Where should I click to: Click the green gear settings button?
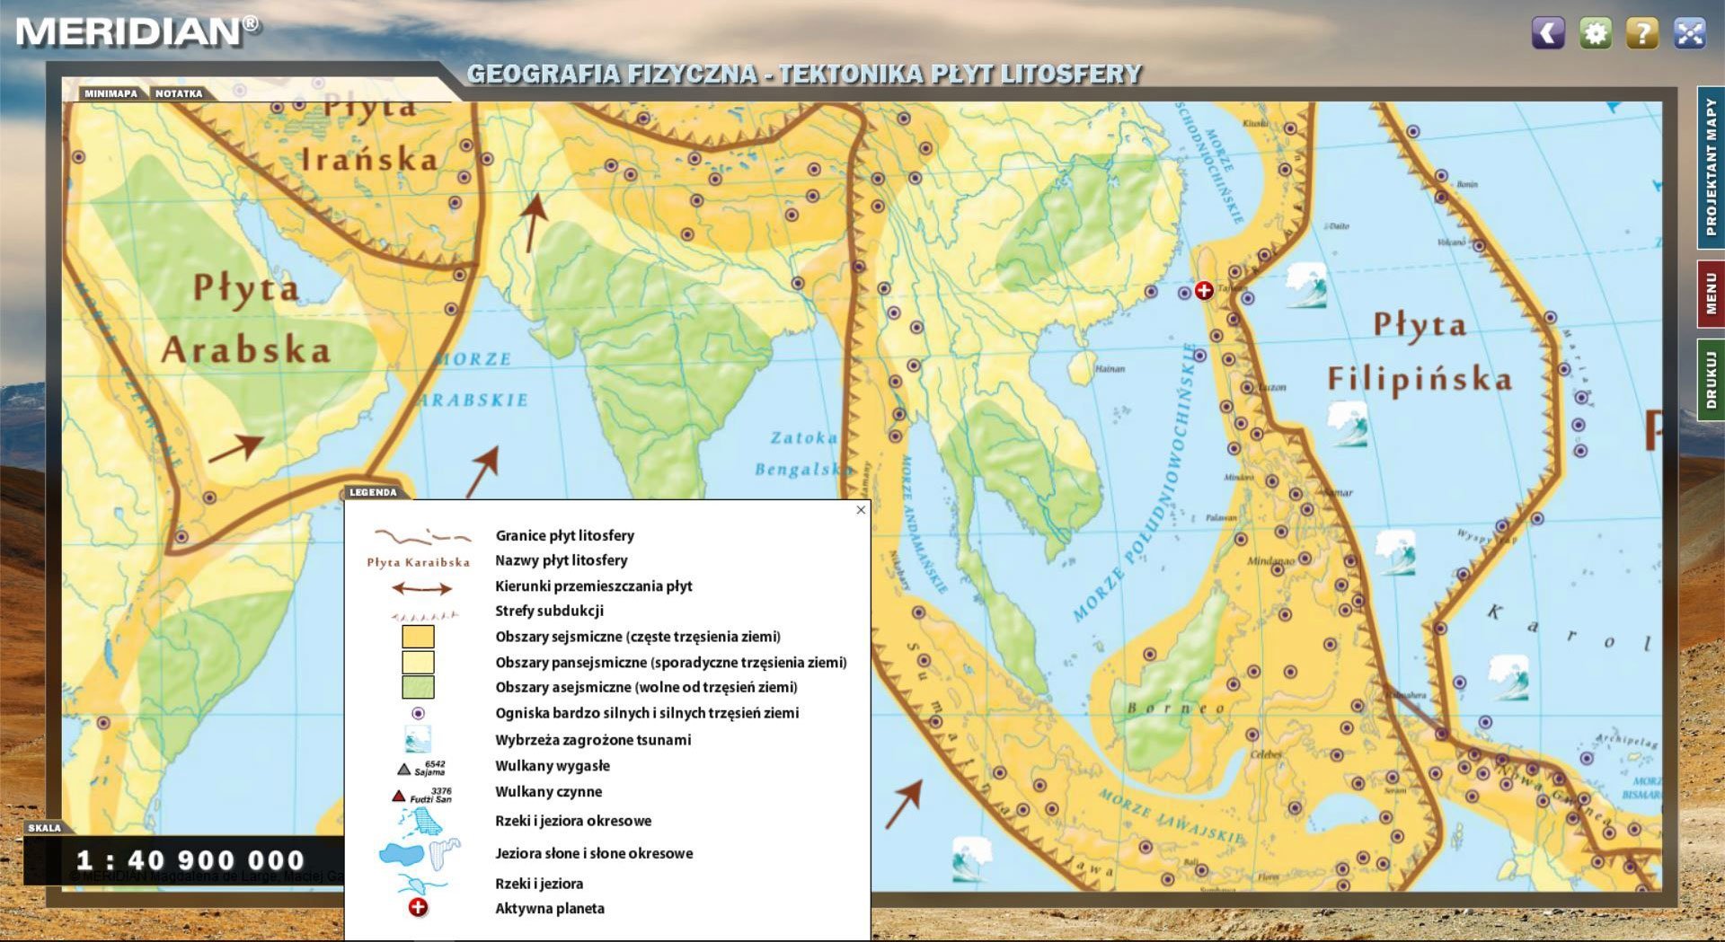1595,33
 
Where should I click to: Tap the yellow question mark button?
1641,33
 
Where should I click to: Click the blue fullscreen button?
1689,33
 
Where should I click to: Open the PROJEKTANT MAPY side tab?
1710,167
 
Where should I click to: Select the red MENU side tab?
1710,294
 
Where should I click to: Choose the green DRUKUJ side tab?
1710,379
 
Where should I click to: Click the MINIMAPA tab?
111,93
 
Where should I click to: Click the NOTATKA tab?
179,93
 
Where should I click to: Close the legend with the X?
861,510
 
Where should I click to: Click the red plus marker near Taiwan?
1204,290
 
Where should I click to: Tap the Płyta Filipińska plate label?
1420,352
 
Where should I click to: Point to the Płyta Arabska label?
246,320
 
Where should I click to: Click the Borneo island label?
1176,708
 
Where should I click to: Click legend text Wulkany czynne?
548,792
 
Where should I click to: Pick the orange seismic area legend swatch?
418,637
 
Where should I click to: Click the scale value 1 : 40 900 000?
190,860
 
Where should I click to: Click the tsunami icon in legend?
418,740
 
